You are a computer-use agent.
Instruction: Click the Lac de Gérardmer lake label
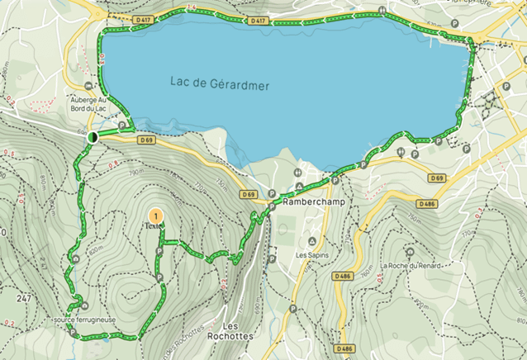220,83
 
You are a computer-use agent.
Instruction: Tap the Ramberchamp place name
307,201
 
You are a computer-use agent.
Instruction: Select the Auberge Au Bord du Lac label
92,101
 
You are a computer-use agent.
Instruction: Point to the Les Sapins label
311,255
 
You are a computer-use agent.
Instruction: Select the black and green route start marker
93,136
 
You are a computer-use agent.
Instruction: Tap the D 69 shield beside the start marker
147,140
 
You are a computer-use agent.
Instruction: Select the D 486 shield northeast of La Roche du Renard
427,203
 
